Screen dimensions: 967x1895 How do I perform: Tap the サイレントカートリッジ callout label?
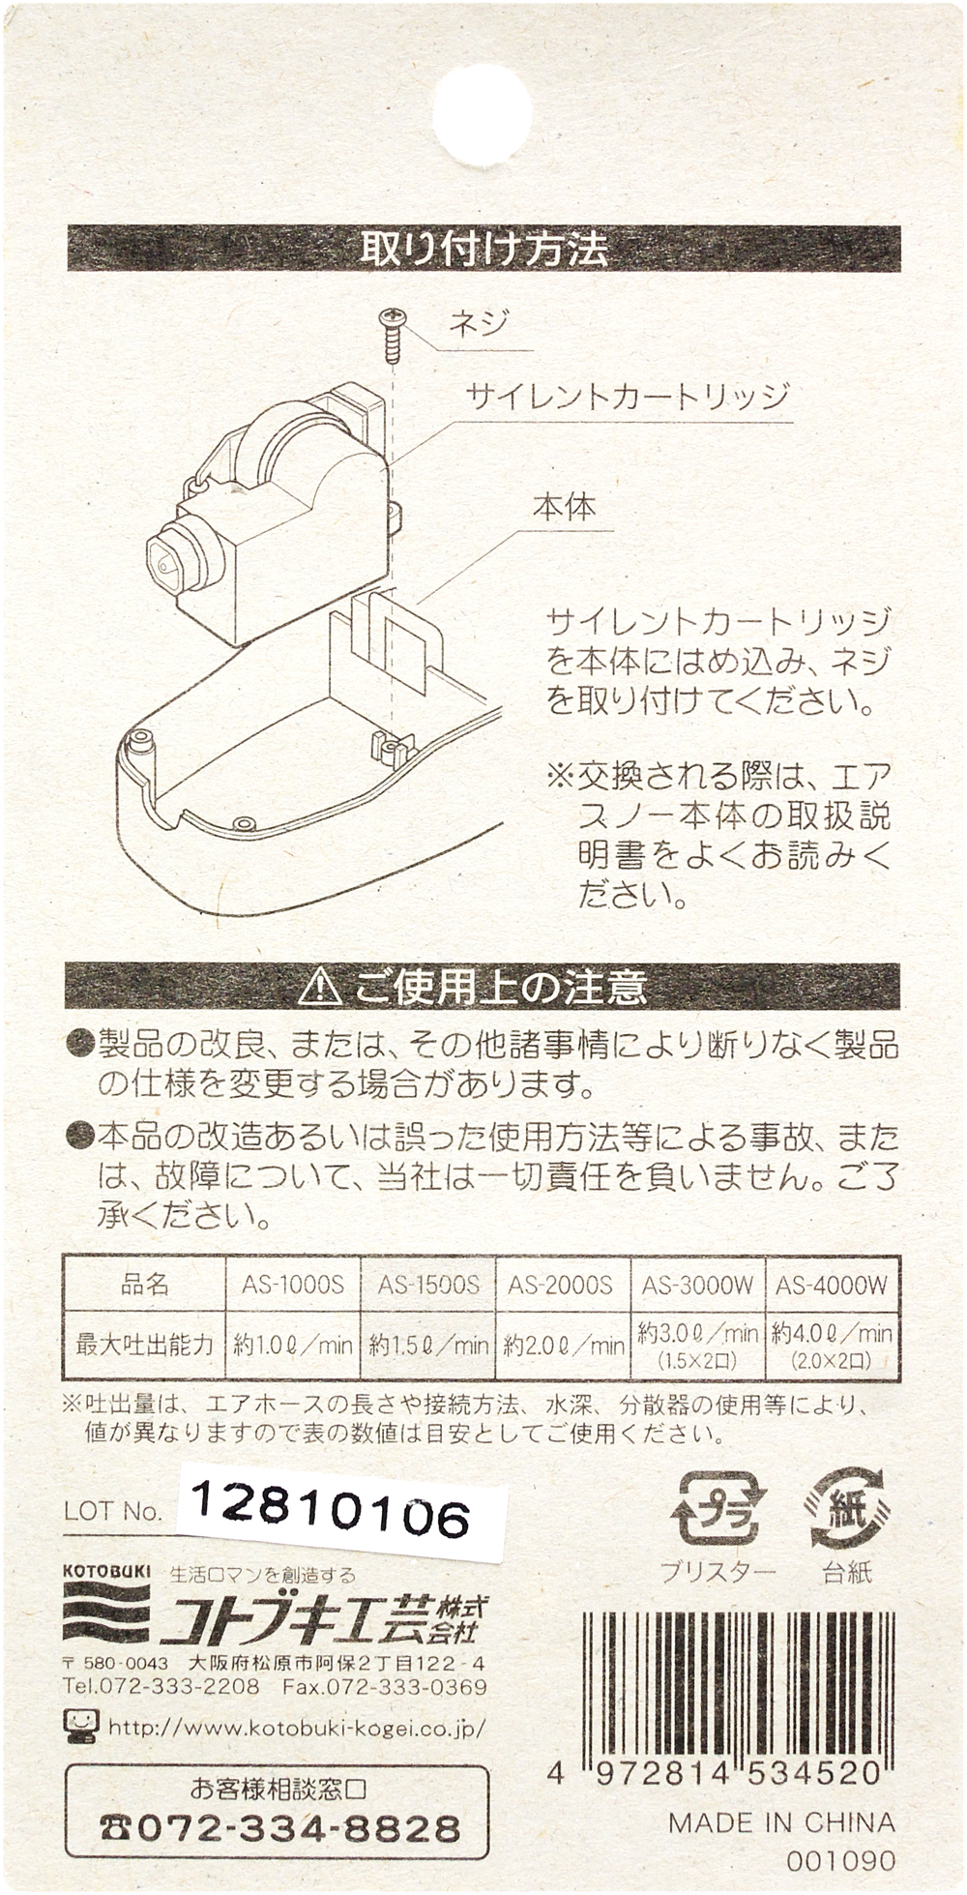pyautogui.click(x=628, y=397)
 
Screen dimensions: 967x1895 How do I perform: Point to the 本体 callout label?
pyautogui.click(x=565, y=507)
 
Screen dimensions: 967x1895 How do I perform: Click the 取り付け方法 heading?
pyautogui.click(x=484, y=250)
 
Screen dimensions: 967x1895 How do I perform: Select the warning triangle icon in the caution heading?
pyautogui.click(x=320, y=987)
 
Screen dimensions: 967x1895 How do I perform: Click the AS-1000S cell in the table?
pyautogui.click(x=293, y=1285)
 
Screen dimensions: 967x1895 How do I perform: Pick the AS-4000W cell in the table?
pyautogui.click(x=832, y=1285)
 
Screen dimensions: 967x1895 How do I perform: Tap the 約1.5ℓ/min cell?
pyautogui.click(x=428, y=1345)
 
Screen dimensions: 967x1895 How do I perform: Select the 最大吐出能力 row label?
pyautogui.click(x=144, y=1344)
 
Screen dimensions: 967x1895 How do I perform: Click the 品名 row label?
pyautogui.click(x=145, y=1285)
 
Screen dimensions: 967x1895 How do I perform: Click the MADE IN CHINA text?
pyautogui.click(x=781, y=1822)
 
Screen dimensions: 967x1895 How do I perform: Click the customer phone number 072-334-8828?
pyautogui.click(x=280, y=1827)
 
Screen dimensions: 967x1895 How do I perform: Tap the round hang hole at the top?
pyautogui.click(x=483, y=108)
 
